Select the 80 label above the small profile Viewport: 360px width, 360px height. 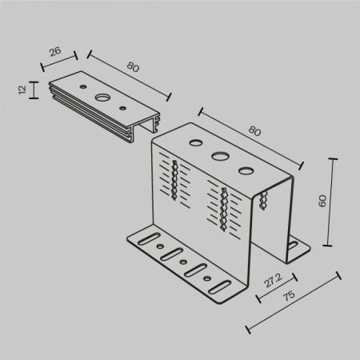pos(133,67)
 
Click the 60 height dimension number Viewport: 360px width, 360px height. pos(322,202)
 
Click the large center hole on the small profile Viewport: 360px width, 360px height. pos(103,98)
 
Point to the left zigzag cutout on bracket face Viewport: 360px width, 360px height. pos(173,182)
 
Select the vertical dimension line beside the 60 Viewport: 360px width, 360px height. pos(332,202)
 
